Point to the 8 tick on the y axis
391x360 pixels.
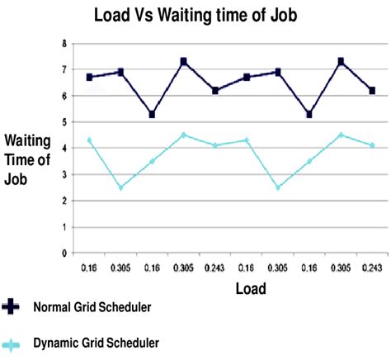pos(64,43)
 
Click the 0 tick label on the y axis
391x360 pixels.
pos(64,253)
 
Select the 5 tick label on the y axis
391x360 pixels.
pos(64,122)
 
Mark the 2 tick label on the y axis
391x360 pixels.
pos(64,201)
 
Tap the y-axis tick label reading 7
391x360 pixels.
pos(64,69)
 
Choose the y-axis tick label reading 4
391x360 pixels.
pos(64,149)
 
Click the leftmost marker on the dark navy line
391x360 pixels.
pos(89,77)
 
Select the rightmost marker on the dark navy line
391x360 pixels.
pos(373,90)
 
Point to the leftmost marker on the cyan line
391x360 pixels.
pos(89,140)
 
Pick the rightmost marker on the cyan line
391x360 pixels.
pos(373,145)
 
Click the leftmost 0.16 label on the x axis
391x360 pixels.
pos(89,268)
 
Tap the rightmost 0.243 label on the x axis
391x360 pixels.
pos(373,268)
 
